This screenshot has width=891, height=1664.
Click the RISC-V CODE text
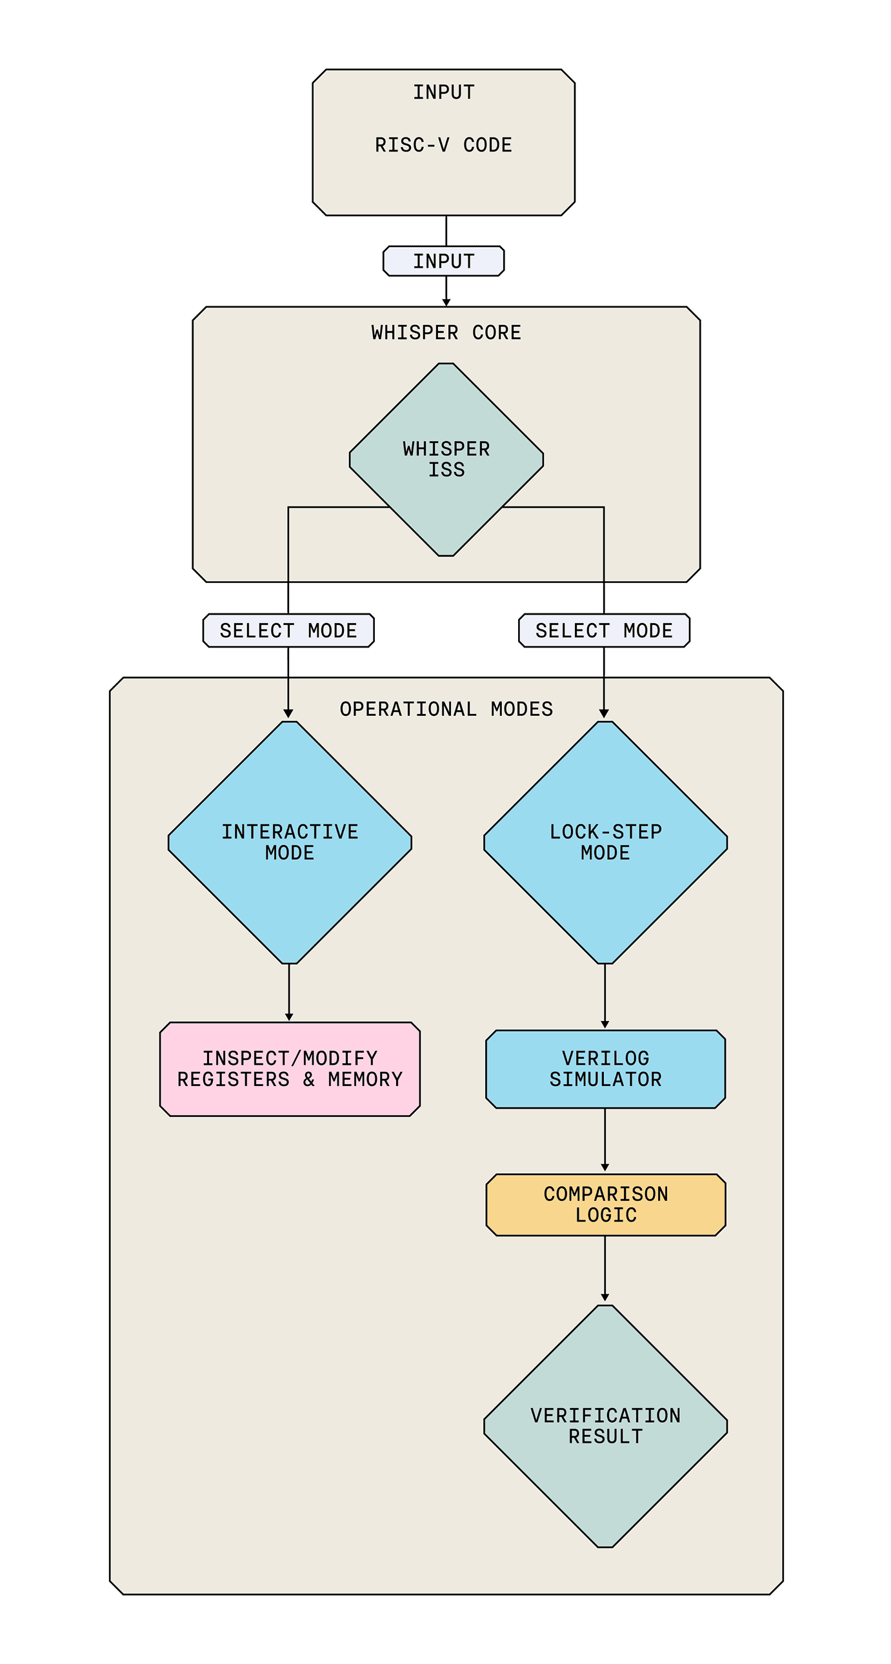pyautogui.click(x=443, y=145)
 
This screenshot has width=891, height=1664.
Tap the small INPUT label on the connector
pyautogui.click(x=443, y=261)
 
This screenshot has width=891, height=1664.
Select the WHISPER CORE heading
pyautogui.click(x=446, y=333)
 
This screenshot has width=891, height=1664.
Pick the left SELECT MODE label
pyautogui.click(x=288, y=631)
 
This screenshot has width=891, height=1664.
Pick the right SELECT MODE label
pyautogui.click(x=604, y=631)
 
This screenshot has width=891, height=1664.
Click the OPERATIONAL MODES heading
pyautogui.click(x=446, y=709)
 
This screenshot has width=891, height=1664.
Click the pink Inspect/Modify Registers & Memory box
pyautogui.click(x=290, y=1069)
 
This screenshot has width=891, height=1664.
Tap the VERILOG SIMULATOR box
pyautogui.click(x=605, y=1069)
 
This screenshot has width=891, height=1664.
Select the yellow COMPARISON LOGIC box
pyautogui.click(x=605, y=1205)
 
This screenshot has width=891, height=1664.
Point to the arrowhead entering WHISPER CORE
pyautogui.click(x=446, y=302)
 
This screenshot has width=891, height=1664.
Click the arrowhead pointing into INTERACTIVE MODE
pyautogui.click(x=288, y=713)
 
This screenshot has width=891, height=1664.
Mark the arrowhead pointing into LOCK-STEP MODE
pyautogui.click(x=604, y=713)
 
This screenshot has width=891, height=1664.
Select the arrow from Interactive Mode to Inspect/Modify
pyautogui.click(x=289, y=991)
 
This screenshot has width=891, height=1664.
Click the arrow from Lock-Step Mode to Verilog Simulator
pyautogui.click(x=605, y=995)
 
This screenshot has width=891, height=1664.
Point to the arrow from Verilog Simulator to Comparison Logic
pyautogui.click(x=605, y=1140)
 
